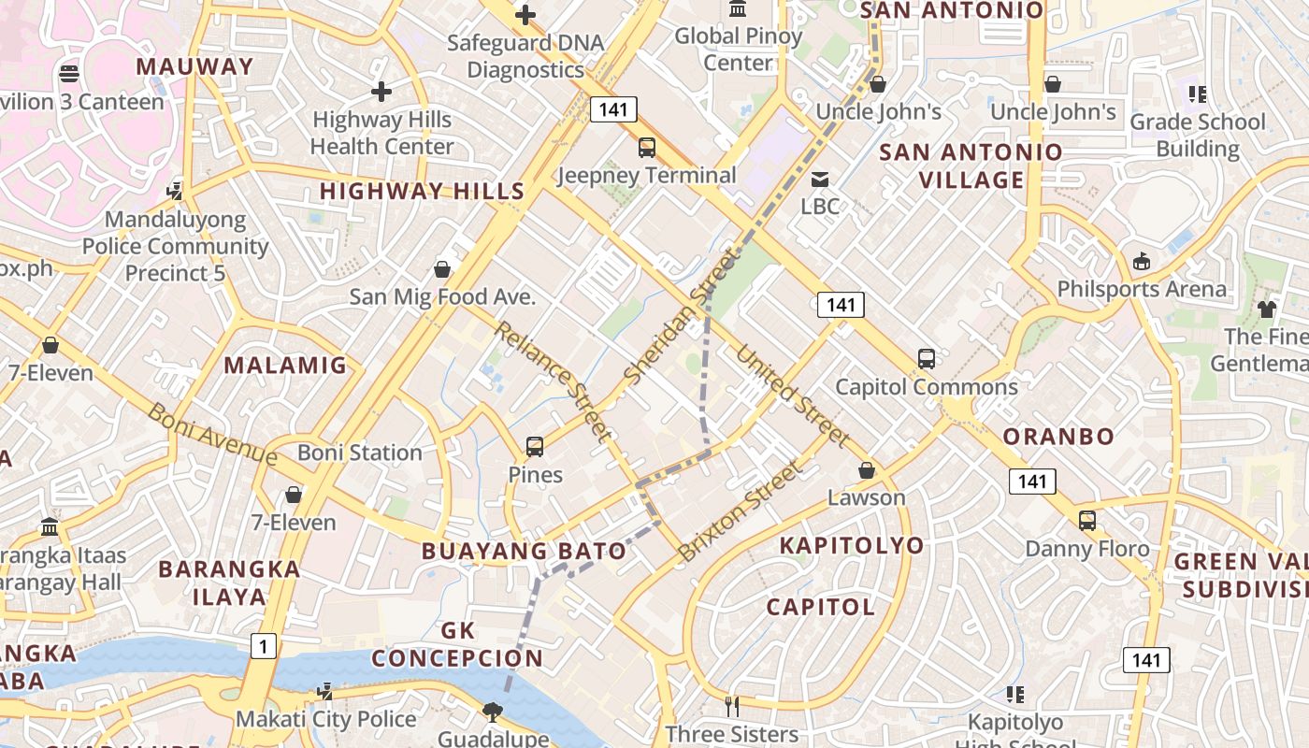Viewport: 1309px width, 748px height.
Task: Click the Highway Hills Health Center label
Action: (x=381, y=133)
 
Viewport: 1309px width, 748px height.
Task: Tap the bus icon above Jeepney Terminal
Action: (x=646, y=147)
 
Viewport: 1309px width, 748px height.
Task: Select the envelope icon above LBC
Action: (x=820, y=179)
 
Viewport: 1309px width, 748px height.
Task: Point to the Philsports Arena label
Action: (x=1142, y=289)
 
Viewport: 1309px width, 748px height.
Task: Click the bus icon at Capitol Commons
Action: (x=926, y=358)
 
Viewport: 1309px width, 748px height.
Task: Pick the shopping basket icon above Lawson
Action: (x=867, y=470)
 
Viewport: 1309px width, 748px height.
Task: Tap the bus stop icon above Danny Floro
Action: (x=1087, y=521)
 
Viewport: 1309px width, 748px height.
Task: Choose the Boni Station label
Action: (x=360, y=453)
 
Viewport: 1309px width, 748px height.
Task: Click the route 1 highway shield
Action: (x=264, y=645)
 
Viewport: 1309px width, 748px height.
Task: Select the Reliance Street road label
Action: (x=553, y=381)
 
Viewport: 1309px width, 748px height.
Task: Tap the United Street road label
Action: (x=793, y=396)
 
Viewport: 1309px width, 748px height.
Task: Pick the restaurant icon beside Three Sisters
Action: (x=732, y=706)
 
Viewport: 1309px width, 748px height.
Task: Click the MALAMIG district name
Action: (x=285, y=366)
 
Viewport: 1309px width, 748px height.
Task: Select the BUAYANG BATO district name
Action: (x=524, y=551)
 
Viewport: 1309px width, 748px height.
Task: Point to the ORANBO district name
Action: (x=1058, y=437)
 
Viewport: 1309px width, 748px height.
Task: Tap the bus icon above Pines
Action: (x=535, y=447)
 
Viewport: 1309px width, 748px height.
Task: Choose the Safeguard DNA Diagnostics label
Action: (x=525, y=56)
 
